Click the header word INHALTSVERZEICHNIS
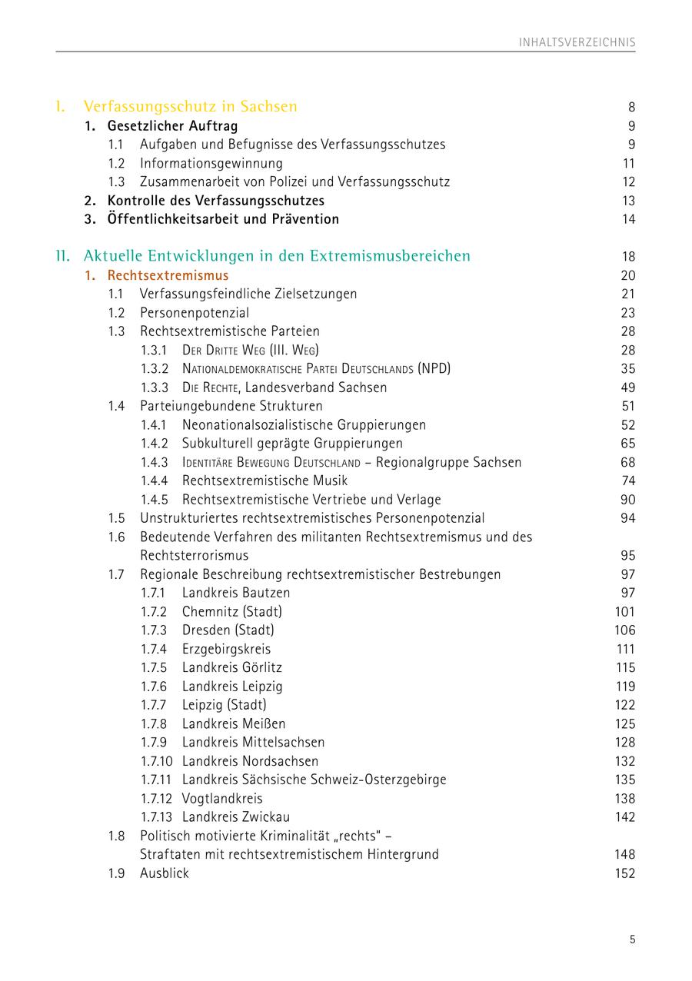[x=577, y=42]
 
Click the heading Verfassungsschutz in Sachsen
[x=190, y=106]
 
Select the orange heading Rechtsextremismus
[x=168, y=275]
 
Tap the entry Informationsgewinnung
[x=211, y=163]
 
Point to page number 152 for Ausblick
[x=625, y=873]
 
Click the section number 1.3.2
[x=155, y=369]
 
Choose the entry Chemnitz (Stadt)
[x=231, y=612]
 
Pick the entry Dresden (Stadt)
[x=228, y=630]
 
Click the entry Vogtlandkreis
[x=221, y=799]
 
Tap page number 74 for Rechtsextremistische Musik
[x=628, y=481]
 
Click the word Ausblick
[x=164, y=873]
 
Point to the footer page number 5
[x=632, y=939]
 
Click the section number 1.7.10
[x=157, y=761]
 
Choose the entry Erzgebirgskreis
[x=226, y=649]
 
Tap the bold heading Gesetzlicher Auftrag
[x=172, y=126]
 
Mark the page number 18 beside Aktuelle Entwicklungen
[x=628, y=257]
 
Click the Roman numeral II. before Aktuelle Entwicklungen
[x=63, y=256]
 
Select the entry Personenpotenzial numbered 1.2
[x=194, y=313]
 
